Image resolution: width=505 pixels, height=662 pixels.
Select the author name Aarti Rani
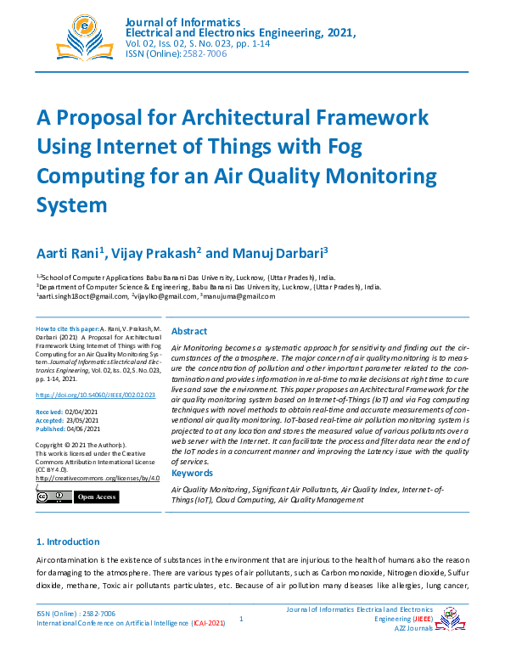[68, 254]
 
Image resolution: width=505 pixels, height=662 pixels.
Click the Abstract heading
[190, 332]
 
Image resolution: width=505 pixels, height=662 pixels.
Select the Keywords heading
[192, 473]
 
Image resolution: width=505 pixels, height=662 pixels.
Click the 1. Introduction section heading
[68, 541]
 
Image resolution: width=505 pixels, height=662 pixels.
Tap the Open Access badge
[97, 496]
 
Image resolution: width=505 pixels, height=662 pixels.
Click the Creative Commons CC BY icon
[53, 496]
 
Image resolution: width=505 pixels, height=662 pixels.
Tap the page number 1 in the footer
[241, 620]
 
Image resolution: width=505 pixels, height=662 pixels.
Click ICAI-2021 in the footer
[208, 623]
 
